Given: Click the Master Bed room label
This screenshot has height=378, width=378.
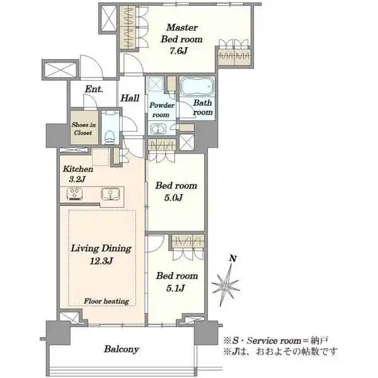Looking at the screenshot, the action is pyautogui.click(x=181, y=33).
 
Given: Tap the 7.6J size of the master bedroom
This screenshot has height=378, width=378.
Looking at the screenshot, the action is pyautogui.click(x=178, y=51).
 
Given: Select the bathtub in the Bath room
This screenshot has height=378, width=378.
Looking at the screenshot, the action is pyautogui.click(x=197, y=86).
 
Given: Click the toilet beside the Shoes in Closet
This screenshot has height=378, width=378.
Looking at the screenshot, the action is pyautogui.click(x=110, y=137).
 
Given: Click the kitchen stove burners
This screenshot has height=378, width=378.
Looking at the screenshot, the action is pyautogui.click(x=74, y=194).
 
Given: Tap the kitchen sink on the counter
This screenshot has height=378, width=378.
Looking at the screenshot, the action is pyautogui.click(x=110, y=194).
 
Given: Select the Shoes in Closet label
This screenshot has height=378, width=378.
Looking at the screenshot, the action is pyautogui.click(x=83, y=129).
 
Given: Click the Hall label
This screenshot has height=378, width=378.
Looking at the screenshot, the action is pyautogui.click(x=130, y=98).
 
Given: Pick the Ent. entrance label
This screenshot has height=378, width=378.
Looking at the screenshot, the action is pyautogui.click(x=94, y=89).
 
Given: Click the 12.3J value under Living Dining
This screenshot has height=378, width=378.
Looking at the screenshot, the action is pyautogui.click(x=101, y=261).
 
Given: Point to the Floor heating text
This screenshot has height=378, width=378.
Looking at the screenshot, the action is pyautogui.click(x=106, y=301).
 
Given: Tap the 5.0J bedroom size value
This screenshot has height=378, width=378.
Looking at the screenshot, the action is pyautogui.click(x=174, y=198).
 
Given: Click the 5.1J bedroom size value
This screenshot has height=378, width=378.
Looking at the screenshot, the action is pyautogui.click(x=176, y=288).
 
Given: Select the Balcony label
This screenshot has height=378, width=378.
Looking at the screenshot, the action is pyautogui.click(x=121, y=349).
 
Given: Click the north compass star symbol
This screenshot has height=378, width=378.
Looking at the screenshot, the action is pyautogui.click(x=226, y=285).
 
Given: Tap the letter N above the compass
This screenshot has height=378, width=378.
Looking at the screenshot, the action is pyautogui.click(x=232, y=258).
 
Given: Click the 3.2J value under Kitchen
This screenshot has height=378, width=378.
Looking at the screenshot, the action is pyautogui.click(x=77, y=180).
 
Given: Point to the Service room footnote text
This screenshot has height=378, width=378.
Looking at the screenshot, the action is pyautogui.click(x=275, y=341).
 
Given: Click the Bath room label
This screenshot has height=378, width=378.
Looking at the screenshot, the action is pyautogui.click(x=203, y=108).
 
